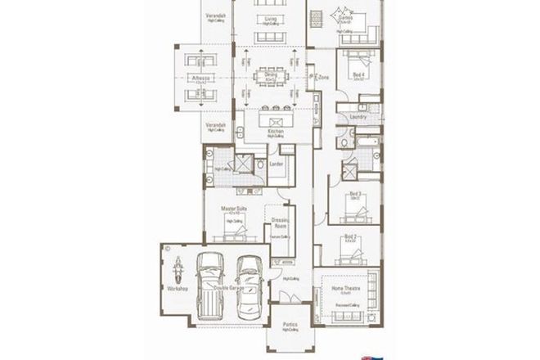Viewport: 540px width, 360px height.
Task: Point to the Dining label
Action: pyautogui.click(x=270, y=74)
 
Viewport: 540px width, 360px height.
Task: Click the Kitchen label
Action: pyautogui.click(x=275, y=131)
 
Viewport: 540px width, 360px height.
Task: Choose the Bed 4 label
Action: pyautogui.click(x=358, y=74)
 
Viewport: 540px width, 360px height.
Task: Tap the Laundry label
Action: pyautogui.click(x=357, y=117)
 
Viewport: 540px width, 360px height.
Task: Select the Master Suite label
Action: pyautogui.click(x=234, y=209)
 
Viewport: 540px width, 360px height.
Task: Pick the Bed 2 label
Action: pyautogui.click(x=351, y=236)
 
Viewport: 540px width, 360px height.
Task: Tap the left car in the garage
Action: pyautogui.click(x=210, y=284)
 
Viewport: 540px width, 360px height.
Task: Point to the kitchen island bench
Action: pyautogui.click(x=274, y=119)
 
